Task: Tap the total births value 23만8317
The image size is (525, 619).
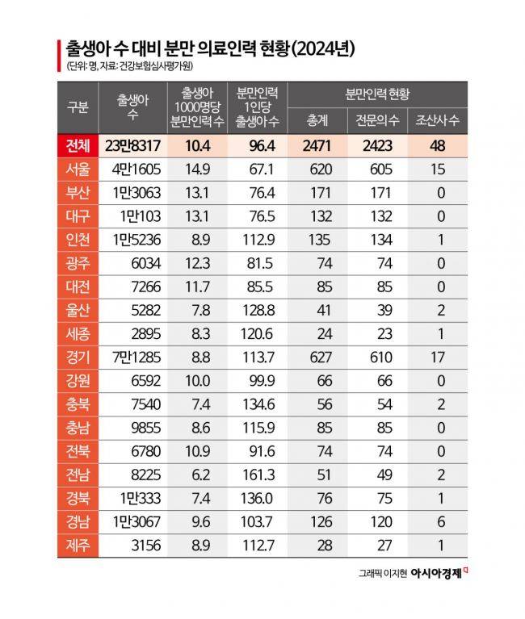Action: point(132,145)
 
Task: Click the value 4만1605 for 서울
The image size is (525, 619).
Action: point(134,169)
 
